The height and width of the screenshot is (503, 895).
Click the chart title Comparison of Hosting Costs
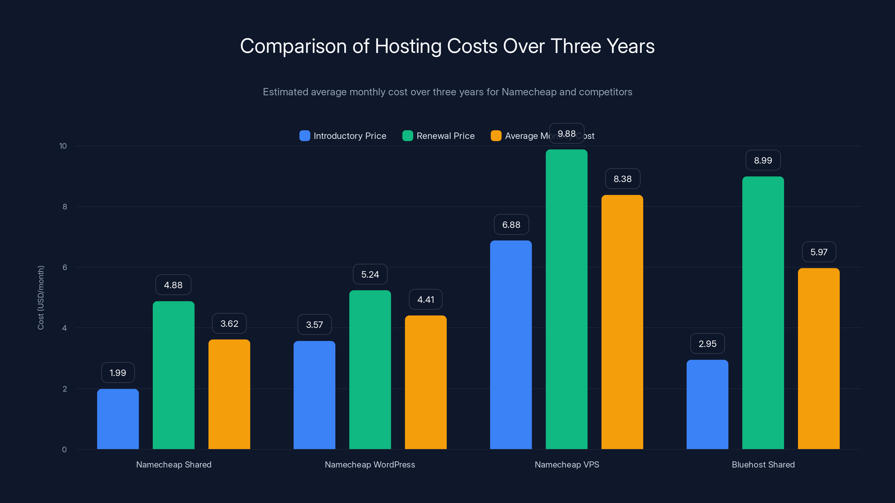[447, 46]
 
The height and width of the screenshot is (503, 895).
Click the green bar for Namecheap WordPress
[370, 370]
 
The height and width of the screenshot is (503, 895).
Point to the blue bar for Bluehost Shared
[707, 404]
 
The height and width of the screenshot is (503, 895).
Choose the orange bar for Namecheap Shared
[229, 394]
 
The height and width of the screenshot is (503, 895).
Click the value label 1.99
[118, 373]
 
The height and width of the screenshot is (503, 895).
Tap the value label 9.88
[567, 134]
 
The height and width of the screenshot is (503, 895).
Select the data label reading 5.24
[370, 274]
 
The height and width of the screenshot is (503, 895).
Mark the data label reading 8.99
[763, 160]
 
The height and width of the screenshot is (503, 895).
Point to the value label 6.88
[511, 225]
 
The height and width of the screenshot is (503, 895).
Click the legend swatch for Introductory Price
[305, 136]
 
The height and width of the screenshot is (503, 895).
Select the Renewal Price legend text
[446, 136]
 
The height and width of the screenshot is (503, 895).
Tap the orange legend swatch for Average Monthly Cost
[496, 136]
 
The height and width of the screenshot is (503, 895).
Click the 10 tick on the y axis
[63, 146]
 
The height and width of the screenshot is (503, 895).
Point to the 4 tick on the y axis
[64, 328]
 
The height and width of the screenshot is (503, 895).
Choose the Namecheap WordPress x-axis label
[370, 464]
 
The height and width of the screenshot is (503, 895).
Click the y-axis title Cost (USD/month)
[41, 298]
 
